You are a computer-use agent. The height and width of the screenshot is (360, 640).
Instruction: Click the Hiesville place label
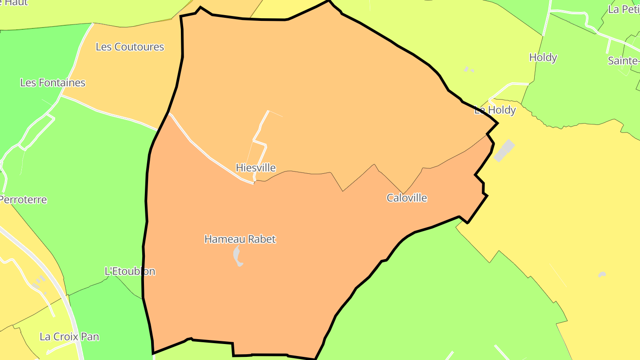(x=256, y=168)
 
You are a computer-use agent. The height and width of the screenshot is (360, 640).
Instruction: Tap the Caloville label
(x=407, y=198)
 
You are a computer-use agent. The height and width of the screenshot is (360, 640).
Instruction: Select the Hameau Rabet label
(x=240, y=239)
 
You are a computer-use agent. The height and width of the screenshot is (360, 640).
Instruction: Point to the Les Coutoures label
(x=130, y=47)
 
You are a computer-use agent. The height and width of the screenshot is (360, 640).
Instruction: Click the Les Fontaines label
(x=52, y=83)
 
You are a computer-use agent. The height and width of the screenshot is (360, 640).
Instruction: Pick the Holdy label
(x=543, y=57)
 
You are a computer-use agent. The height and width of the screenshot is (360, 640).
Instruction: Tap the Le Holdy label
(x=495, y=110)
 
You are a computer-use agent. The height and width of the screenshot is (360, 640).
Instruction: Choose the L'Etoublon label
(x=130, y=271)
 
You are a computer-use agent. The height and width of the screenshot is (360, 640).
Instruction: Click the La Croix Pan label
(x=69, y=336)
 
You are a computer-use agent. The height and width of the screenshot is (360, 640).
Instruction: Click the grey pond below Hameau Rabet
(x=238, y=256)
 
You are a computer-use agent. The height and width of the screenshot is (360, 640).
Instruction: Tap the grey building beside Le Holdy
(x=504, y=151)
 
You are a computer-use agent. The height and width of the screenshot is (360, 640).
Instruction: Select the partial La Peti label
(x=624, y=9)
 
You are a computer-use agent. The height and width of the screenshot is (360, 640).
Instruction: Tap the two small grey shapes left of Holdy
(x=469, y=70)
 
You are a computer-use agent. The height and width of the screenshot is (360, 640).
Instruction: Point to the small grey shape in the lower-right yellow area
(x=602, y=274)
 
